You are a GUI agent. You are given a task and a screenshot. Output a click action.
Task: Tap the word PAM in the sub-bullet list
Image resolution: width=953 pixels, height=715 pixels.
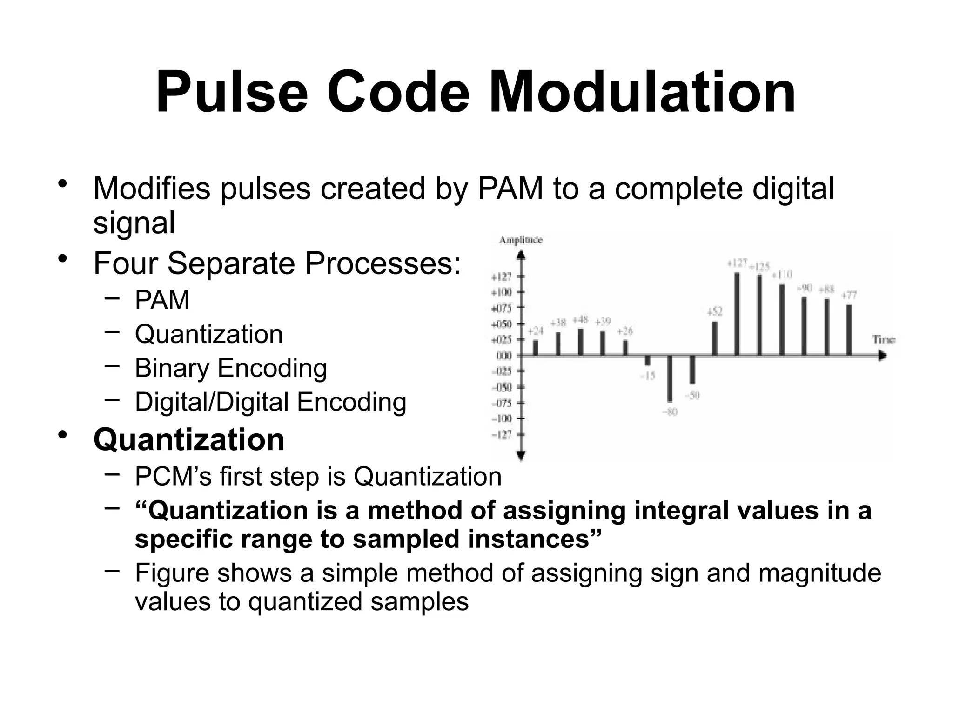[x=162, y=300]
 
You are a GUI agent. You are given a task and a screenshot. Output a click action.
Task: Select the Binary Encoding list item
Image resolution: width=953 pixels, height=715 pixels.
[x=231, y=368]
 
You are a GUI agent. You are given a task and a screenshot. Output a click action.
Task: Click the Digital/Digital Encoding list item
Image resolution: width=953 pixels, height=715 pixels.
[x=270, y=402]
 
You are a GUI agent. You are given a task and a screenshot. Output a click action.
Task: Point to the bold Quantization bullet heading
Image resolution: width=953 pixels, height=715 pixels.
[x=189, y=439]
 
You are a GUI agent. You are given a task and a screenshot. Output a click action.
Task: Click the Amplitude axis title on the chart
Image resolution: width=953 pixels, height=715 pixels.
[x=520, y=240]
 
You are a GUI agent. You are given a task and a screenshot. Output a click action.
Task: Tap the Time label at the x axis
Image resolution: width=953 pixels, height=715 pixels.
[x=883, y=340]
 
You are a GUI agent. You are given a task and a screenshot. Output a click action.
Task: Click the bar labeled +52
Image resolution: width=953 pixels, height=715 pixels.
[x=715, y=338]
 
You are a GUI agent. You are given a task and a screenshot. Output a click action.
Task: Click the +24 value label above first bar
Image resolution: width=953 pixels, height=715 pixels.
[x=535, y=331]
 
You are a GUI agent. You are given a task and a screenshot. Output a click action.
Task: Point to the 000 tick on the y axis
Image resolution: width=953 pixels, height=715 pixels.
[x=504, y=356]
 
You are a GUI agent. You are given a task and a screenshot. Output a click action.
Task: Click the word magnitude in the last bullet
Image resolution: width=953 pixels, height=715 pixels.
[x=819, y=573]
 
